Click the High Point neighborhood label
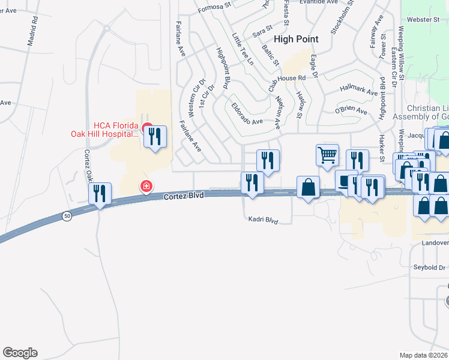(x=296, y=39)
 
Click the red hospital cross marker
(x=145, y=187)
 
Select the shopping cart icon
(x=327, y=155)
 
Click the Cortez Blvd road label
(x=184, y=196)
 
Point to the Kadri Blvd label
(x=264, y=220)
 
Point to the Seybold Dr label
(x=430, y=268)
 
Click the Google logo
(x=20, y=353)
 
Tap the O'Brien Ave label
(x=351, y=111)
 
